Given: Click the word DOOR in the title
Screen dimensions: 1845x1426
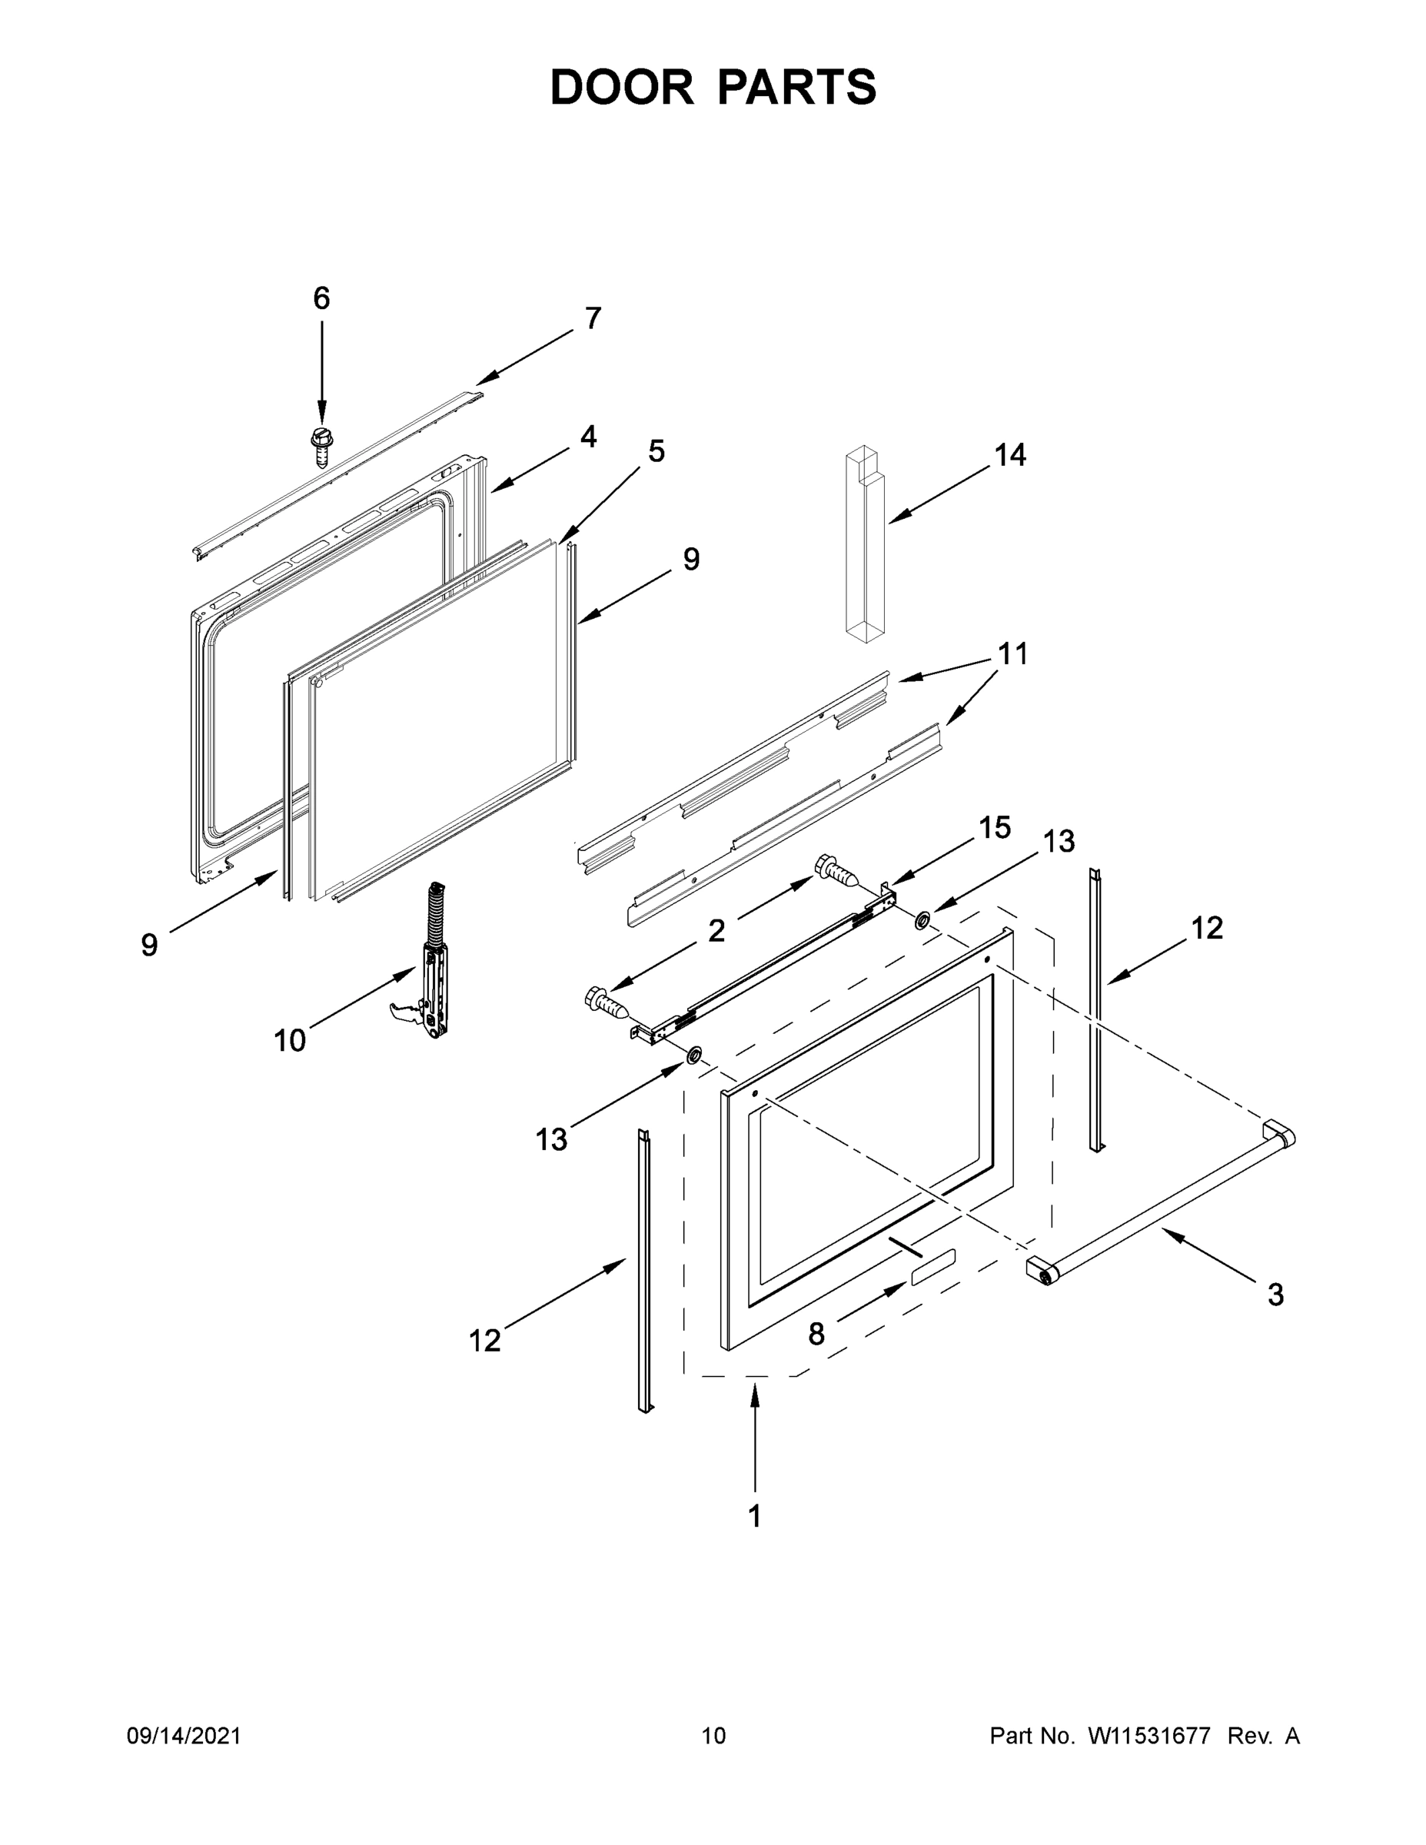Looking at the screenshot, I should coord(621,87).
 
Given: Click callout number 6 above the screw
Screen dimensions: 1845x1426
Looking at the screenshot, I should coord(321,298).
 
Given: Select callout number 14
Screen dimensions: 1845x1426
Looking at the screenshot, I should coord(1009,455).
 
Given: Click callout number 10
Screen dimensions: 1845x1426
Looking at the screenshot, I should coord(290,1041).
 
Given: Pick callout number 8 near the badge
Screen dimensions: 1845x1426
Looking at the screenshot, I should coord(816,1333).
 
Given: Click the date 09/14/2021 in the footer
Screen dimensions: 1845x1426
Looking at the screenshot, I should coord(184,1736).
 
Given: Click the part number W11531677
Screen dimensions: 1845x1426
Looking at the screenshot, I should coord(1149,1736).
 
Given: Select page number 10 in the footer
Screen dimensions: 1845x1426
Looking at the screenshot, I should coord(713,1736).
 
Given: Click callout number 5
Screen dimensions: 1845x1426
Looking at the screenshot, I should coord(656,451).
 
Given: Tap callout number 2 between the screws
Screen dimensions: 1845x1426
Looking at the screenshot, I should coord(716,931).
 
